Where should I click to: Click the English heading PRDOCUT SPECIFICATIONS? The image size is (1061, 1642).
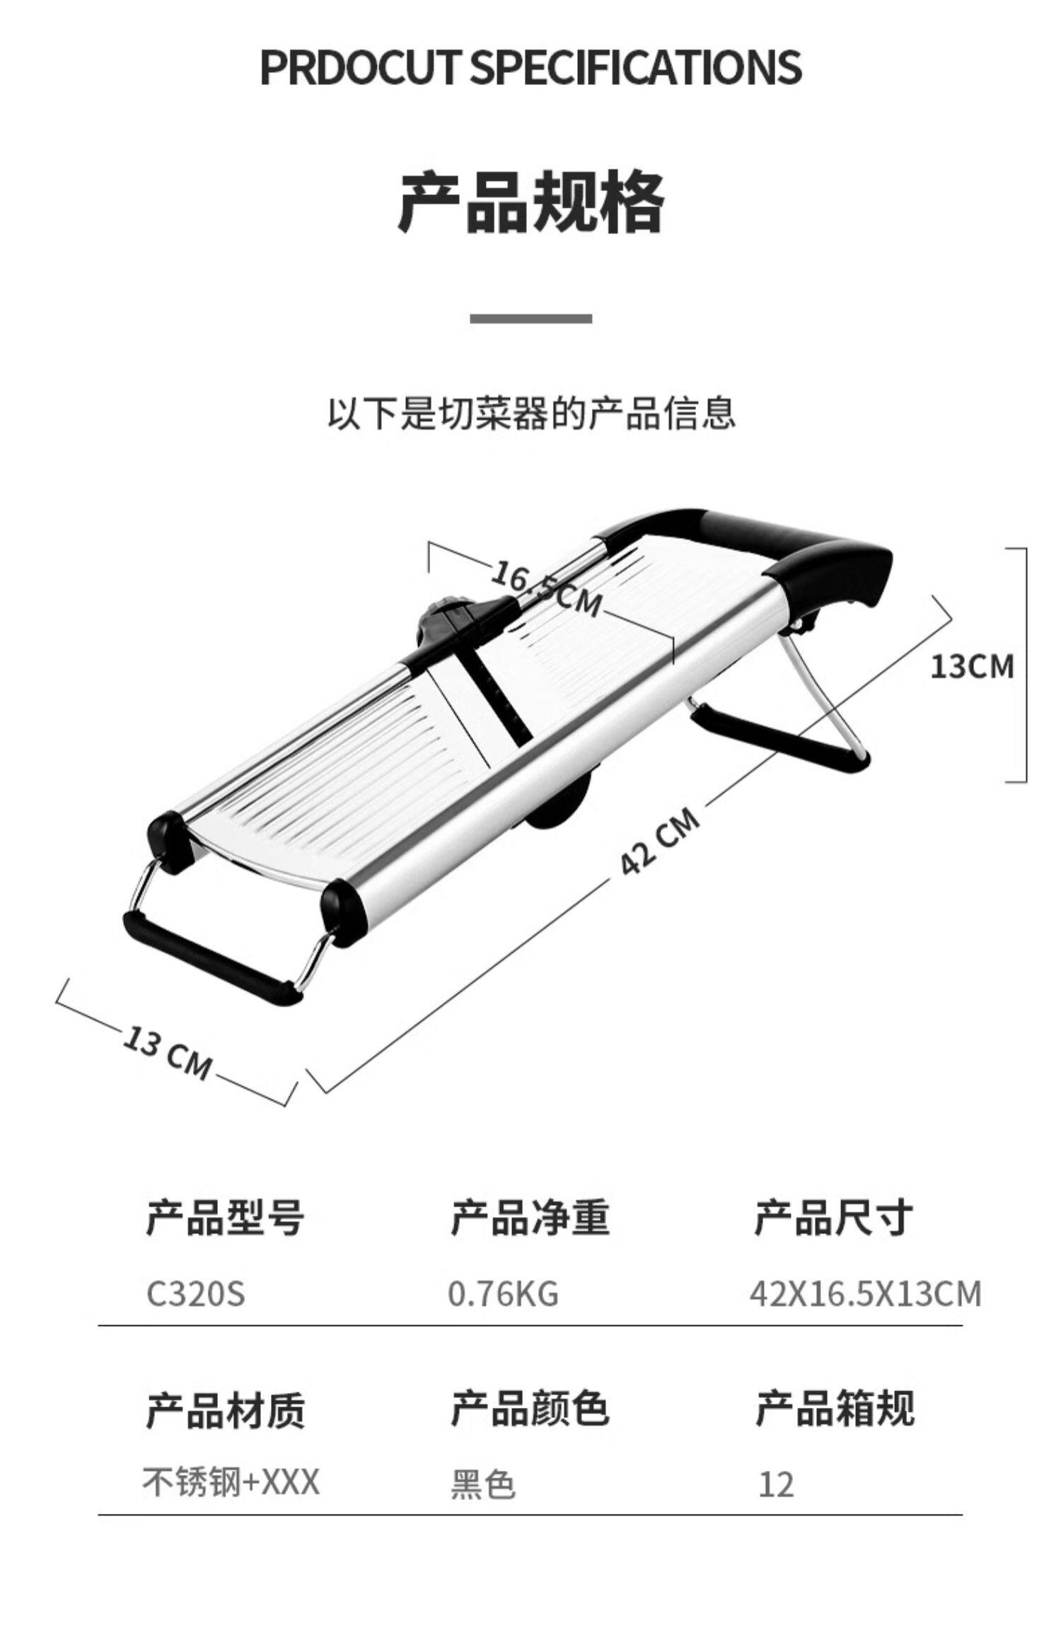point(530,68)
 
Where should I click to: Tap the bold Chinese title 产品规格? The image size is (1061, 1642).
point(530,203)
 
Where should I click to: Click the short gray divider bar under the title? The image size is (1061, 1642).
point(530,319)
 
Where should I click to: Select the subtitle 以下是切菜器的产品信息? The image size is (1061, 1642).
point(530,414)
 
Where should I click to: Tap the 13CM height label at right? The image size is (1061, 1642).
point(971,667)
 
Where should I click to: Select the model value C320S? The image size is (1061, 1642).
point(195,1294)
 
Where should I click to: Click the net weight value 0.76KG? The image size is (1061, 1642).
point(503,1294)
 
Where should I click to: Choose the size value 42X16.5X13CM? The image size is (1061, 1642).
point(865,1294)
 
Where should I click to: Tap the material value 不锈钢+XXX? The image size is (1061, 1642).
point(231,1481)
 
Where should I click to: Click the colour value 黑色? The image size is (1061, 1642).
point(482,1484)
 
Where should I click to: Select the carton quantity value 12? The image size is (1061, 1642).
point(775,1484)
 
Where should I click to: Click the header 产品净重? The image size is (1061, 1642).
point(530,1218)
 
